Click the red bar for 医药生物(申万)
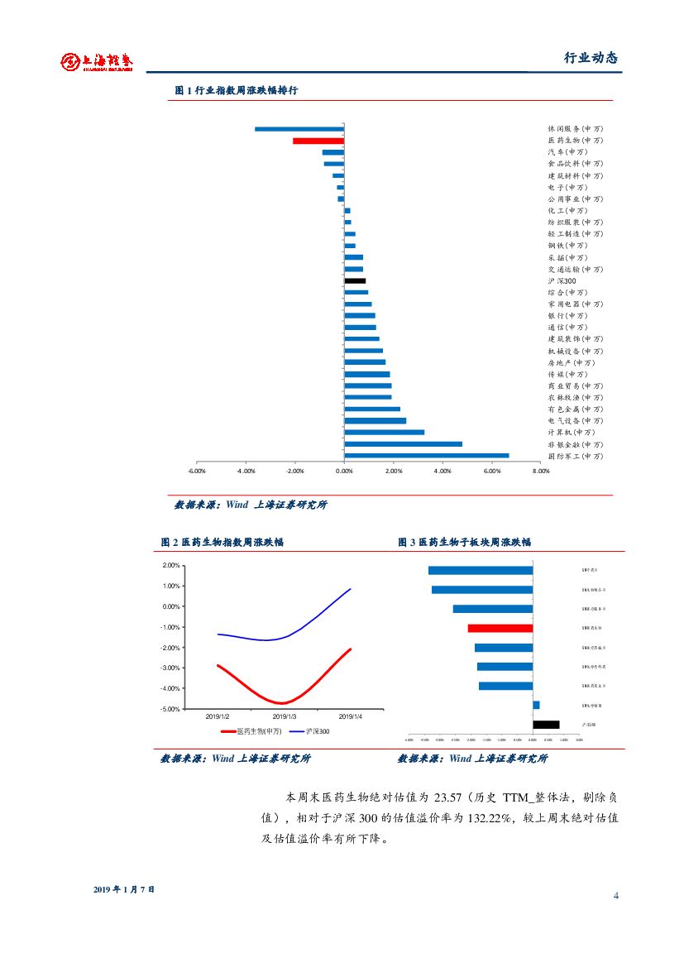318,141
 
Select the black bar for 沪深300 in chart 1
355,280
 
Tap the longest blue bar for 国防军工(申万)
426,455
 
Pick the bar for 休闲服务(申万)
299,129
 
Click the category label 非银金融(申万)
575,444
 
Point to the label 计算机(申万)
571,433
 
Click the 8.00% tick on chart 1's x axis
541,471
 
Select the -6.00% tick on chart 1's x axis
197,471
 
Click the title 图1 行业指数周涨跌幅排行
237,91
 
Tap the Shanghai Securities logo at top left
97,60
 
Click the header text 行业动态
591,58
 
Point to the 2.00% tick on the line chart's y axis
171,566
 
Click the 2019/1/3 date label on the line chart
285,716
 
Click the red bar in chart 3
500,628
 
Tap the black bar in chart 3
546,725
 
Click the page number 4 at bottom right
616,896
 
